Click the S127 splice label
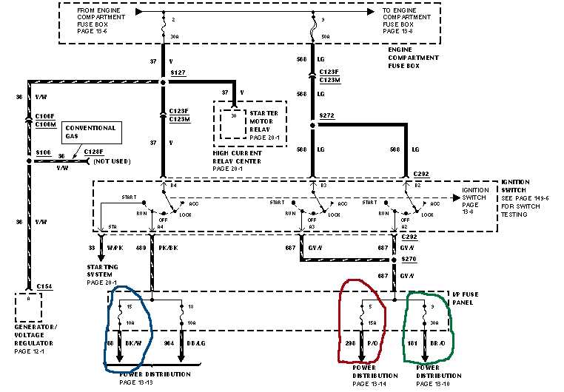coord(178,74)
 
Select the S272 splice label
coord(326,117)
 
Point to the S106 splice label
coord(42,154)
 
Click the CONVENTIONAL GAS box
coord(93,132)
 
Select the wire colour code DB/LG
coord(198,343)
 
